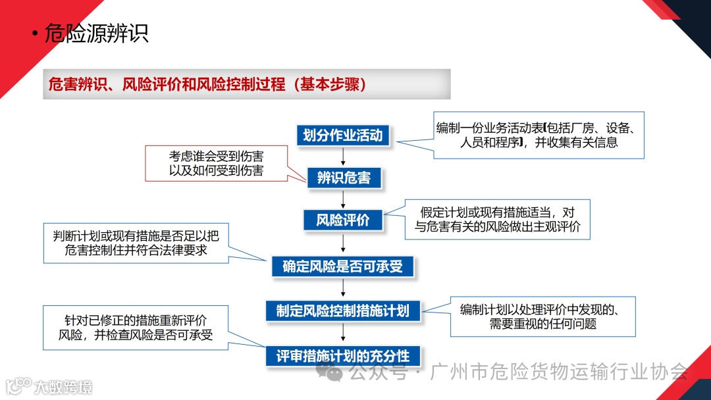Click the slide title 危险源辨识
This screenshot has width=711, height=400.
(x=96, y=33)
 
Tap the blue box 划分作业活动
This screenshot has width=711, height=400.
(x=342, y=136)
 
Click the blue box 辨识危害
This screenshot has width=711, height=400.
(x=344, y=178)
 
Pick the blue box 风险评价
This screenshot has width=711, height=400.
(x=343, y=220)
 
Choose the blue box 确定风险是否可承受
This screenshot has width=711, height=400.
(x=342, y=266)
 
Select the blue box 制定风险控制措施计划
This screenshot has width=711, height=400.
(x=342, y=311)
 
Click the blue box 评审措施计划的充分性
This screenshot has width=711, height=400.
(x=342, y=357)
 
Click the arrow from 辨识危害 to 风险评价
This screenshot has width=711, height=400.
(x=344, y=199)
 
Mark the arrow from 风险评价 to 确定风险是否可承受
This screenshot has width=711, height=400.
(x=344, y=243)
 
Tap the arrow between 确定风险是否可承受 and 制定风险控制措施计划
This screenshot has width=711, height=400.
(x=344, y=288)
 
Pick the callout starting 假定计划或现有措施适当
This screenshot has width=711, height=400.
(x=497, y=220)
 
